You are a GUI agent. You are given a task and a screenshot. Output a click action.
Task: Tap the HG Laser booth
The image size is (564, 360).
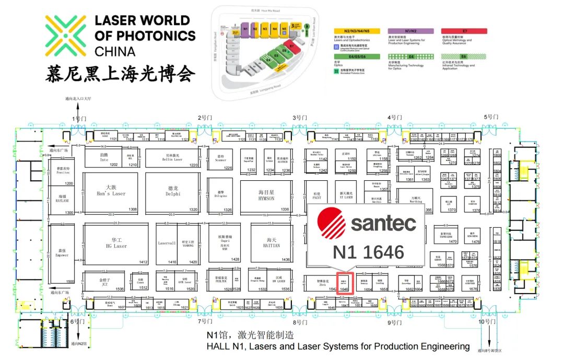[x=116, y=243]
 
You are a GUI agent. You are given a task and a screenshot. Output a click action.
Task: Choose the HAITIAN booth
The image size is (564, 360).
[x=270, y=243]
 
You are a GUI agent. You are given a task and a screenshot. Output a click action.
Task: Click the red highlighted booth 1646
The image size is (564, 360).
[x=344, y=283]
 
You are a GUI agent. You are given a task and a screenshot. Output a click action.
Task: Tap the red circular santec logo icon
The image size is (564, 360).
[x=333, y=223]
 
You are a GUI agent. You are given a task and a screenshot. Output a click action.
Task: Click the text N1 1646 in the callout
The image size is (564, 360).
[x=369, y=253]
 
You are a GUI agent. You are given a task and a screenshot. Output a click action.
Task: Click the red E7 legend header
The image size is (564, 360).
[x=465, y=31]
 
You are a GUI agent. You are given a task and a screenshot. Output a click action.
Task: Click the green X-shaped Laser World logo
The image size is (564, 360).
[x=65, y=35]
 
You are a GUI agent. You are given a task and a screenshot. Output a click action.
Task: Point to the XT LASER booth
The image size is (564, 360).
[x=347, y=196]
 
